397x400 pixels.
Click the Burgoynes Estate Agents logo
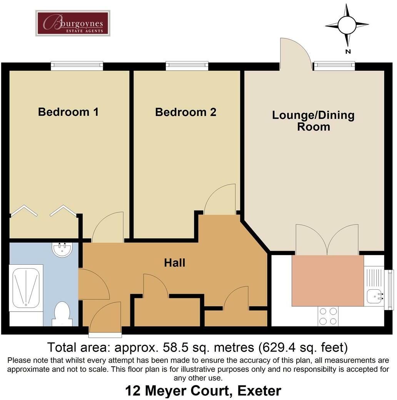[73, 23]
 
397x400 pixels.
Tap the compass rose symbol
[347, 25]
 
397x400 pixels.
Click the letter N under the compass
[348, 51]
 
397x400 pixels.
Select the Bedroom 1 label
[68, 112]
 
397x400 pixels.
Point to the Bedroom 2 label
[186, 112]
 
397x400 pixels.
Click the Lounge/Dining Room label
[313, 121]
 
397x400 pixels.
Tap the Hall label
[175, 263]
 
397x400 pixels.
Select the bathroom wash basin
[62, 250]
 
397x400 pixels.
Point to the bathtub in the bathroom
[26, 287]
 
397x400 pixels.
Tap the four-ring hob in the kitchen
[328, 316]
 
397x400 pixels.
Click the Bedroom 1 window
[77, 66]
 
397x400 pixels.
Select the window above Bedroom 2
[187, 66]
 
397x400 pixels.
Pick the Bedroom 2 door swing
[220, 199]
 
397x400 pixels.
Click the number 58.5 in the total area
[173, 347]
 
